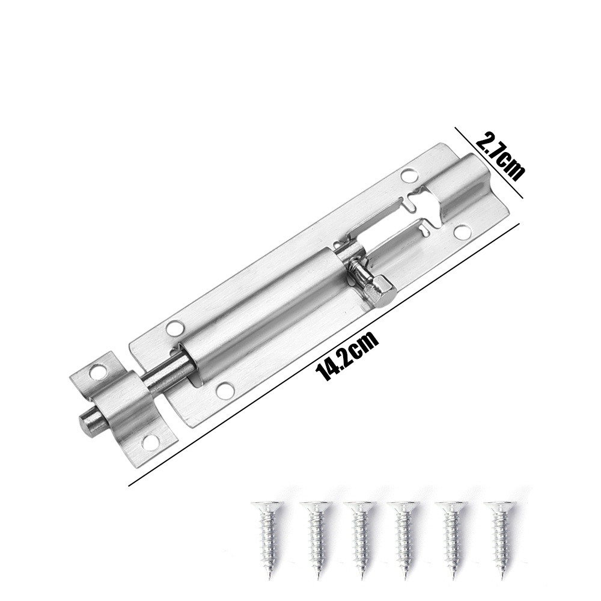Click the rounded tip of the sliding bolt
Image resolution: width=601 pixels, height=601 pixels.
click(88, 426)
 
